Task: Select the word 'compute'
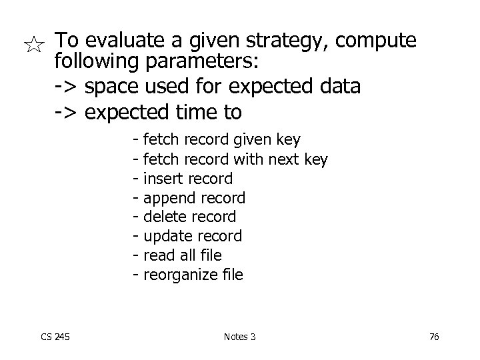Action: [x=377, y=42]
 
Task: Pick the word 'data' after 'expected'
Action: [x=340, y=87]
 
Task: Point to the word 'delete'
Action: [x=165, y=217]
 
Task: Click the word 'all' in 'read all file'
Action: [x=187, y=255]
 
